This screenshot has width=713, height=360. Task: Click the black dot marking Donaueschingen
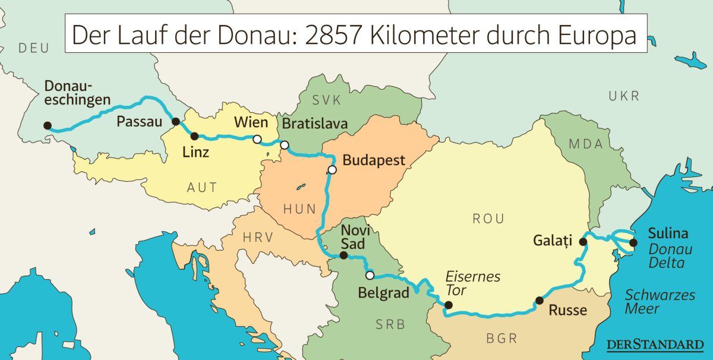[48, 126]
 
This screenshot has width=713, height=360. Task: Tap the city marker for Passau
[176, 121]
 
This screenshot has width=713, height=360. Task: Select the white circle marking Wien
[257, 139]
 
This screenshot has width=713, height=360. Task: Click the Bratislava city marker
[285, 145]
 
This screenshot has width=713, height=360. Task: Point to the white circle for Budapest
[332, 170]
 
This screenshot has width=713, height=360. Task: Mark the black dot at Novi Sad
[343, 255]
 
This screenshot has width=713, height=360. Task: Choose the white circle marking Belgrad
[370, 275]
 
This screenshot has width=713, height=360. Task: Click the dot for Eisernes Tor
[449, 305]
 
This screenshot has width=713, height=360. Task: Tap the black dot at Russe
[539, 300]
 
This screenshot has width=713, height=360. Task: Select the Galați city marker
[583, 242]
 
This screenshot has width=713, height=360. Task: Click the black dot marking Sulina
[633, 242]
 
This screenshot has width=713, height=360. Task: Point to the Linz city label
[196, 152]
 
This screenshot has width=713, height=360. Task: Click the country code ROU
[488, 219]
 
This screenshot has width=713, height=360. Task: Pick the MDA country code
[585, 144]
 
